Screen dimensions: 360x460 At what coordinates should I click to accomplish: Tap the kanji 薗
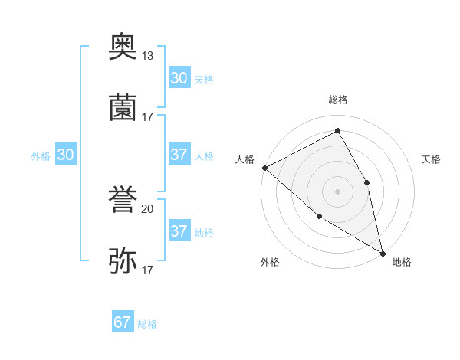click(123, 107)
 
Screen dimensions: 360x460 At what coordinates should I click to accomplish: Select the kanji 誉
click(123, 201)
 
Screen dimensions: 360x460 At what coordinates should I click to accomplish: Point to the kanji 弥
click(123, 260)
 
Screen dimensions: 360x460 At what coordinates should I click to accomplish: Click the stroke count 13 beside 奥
click(148, 56)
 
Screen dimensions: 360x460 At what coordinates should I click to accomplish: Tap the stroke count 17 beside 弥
click(148, 270)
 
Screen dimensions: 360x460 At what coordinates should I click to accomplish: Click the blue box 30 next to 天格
click(179, 78)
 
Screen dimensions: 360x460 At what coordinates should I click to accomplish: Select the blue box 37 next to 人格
click(179, 155)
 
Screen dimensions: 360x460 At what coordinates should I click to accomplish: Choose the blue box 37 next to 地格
click(179, 231)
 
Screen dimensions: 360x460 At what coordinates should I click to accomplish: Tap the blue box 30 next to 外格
click(66, 155)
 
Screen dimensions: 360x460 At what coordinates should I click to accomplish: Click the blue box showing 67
click(123, 322)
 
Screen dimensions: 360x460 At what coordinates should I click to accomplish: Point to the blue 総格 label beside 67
click(147, 324)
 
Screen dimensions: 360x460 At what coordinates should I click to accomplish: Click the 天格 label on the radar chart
click(431, 159)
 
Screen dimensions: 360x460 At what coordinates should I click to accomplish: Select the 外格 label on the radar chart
click(270, 262)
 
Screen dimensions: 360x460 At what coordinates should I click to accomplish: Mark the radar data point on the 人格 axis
click(264, 168)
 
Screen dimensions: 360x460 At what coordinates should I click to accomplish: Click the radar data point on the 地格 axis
click(383, 253)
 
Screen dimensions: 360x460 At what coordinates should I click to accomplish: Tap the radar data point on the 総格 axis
click(337, 130)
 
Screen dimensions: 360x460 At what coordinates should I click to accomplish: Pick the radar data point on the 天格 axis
click(366, 182)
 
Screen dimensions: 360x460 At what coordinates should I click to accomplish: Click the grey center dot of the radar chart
click(337, 191)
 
